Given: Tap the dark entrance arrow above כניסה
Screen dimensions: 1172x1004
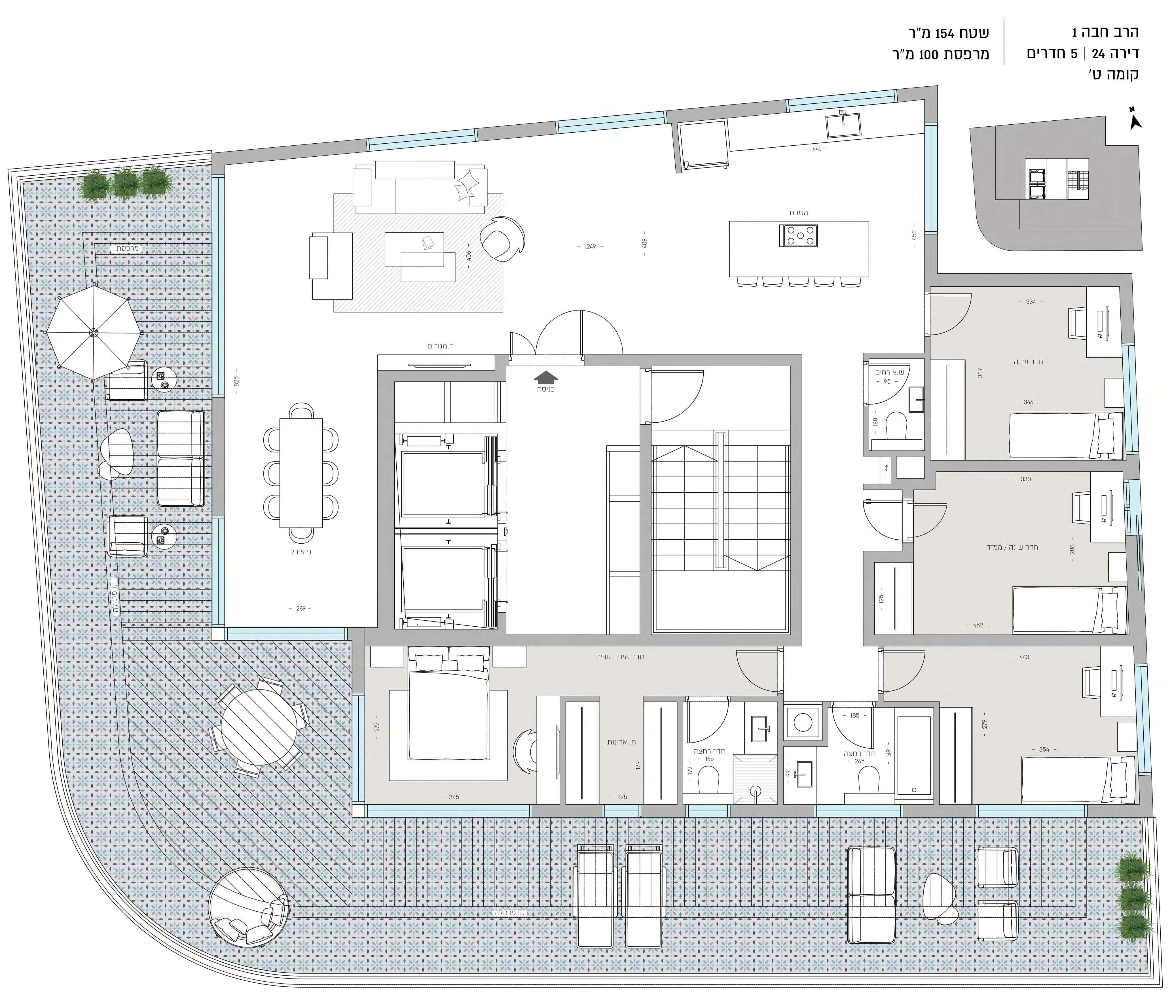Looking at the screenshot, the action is [545, 377].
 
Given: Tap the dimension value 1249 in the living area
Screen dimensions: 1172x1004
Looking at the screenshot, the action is [590, 246].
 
